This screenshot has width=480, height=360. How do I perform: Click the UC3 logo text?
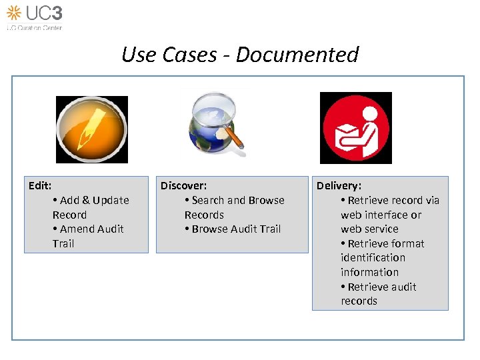45,13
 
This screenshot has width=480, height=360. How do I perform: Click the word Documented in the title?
297,55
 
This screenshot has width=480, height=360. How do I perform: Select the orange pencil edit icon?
91,129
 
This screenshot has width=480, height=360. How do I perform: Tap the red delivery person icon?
356,127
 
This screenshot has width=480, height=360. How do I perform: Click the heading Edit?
40,185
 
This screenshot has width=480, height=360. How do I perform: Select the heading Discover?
183,185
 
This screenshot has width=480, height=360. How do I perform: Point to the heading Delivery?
339,185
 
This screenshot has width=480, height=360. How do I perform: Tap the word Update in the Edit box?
111,200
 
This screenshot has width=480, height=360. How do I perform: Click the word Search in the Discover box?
208,200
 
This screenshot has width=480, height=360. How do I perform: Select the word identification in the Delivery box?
373,257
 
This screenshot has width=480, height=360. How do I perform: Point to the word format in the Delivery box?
409,243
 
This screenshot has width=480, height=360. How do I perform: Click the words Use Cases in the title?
169,55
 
